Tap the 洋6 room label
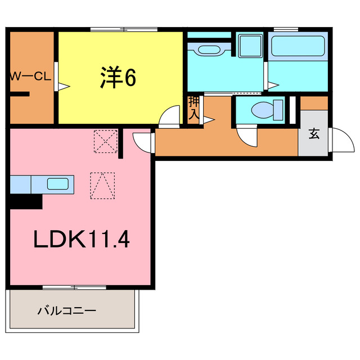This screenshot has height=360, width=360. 119,78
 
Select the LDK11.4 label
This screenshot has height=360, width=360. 82,240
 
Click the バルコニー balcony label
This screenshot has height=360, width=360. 67,310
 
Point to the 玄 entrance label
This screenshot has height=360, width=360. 313,133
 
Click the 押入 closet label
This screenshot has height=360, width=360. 193,107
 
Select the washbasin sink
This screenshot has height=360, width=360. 208,49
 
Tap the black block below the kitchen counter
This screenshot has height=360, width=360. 26,201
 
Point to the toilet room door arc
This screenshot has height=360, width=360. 247,137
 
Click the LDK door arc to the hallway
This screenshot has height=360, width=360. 143,141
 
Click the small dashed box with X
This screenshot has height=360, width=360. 105,141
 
